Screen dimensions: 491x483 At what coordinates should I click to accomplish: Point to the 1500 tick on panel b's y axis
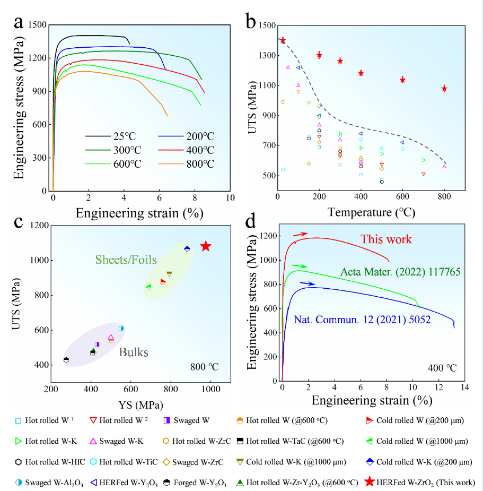tap(266, 25)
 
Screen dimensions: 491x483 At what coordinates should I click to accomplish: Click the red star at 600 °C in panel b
tap(402, 80)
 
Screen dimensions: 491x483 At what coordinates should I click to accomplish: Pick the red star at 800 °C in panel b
tap(444, 89)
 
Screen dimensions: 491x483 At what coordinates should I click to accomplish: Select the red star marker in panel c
tap(206, 246)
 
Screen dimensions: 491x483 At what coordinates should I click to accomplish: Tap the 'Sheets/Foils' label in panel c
tap(126, 260)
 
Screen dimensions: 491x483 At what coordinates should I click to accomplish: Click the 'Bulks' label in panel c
tap(133, 352)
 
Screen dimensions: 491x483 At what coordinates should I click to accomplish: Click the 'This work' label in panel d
tap(386, 239)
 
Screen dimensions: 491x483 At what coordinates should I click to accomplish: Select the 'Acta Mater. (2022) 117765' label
tap(400, 272)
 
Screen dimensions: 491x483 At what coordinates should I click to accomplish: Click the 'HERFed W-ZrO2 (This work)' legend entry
tap(421, 483)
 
